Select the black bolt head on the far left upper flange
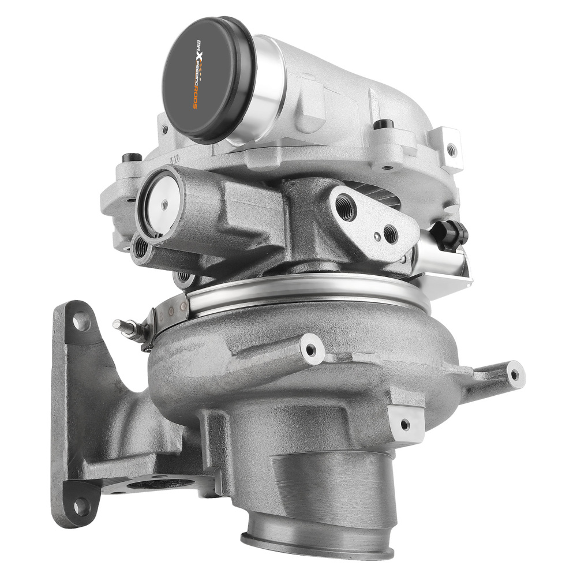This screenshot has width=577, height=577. [x=132, y=158]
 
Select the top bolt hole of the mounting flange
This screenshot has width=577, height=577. [x=81, y=321]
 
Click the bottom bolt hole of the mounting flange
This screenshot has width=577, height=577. [x=83, y=507]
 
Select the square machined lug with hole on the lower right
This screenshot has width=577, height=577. [x=406, y=423]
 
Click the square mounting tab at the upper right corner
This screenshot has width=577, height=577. [x=451, y=148]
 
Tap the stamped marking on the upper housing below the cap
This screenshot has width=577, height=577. [x=173, y=159]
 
